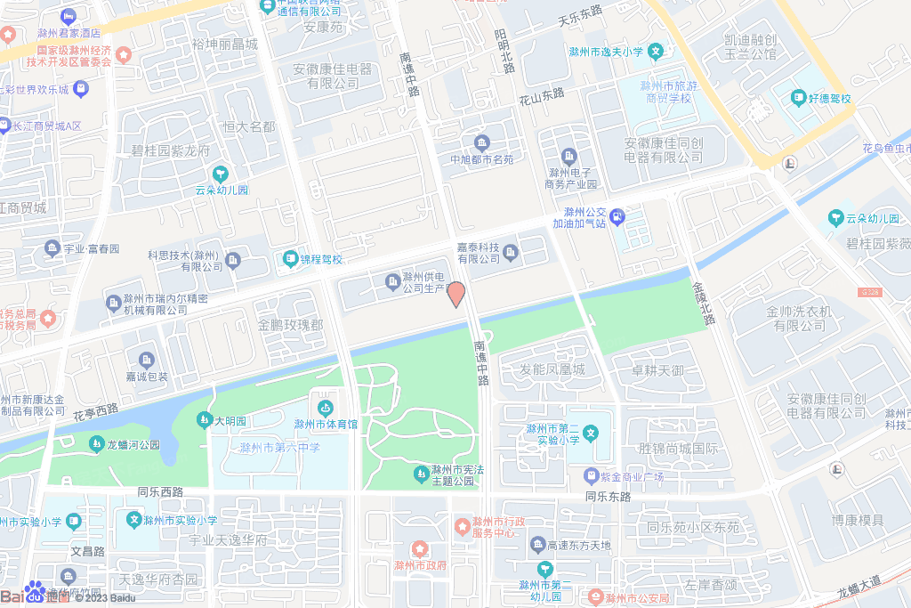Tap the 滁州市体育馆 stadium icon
pos(326,408)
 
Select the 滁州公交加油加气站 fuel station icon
pos(618,215)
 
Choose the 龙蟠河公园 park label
pos(133,443)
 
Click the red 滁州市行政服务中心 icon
pos(462,526)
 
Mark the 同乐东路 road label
pos(608,496)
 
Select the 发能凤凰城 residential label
pos(552,369)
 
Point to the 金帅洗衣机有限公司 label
pos(799,319)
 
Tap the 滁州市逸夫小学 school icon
pos(656,52)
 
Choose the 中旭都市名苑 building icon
pos(481,142)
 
